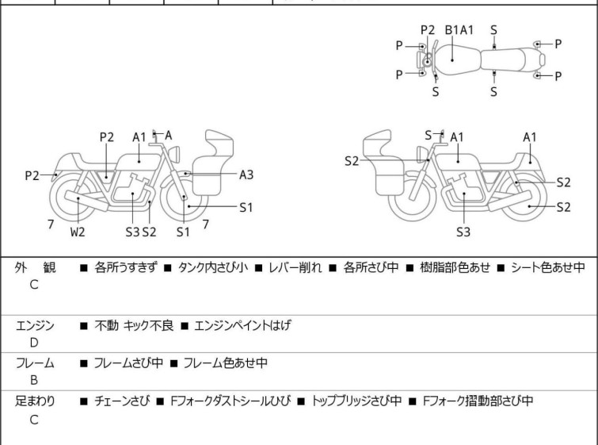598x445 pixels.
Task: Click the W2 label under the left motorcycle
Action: [78, 232]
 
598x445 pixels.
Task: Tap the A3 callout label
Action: [246, 175]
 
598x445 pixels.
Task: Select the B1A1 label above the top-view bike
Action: [459, 30]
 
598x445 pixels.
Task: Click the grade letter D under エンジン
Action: [34, 343]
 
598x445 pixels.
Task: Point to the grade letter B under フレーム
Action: [34, 380]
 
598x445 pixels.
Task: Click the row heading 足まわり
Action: [35, 401]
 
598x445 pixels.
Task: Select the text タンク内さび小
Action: [213, 267]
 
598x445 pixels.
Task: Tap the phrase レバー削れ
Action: [295, 267]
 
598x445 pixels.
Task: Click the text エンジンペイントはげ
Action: [242, 325]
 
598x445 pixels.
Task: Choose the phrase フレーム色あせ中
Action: [226, 363]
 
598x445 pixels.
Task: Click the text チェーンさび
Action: [122, 401]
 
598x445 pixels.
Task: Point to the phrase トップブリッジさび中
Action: [356, 401]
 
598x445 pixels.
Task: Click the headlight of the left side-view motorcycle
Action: [174, 154]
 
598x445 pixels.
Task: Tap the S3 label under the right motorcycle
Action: [463, 232]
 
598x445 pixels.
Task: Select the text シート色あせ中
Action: [547, 267]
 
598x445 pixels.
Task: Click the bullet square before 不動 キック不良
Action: [84, 326]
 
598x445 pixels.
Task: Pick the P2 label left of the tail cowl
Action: [32, 176]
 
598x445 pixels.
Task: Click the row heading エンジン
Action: [35, 325]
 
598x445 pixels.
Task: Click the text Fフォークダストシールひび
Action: [230, 401]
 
